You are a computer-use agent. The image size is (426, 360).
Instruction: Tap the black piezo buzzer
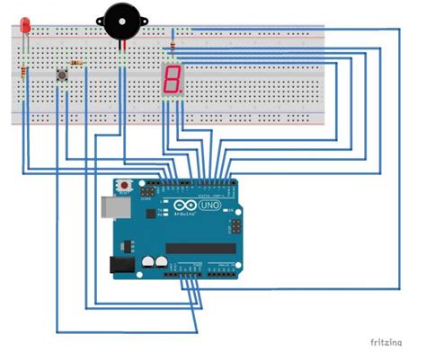point(119,20)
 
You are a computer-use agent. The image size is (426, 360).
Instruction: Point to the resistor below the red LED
point(22,72)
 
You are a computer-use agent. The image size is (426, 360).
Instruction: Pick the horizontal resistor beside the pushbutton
point(78,63)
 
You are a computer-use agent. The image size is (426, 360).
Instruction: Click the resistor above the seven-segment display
point(172,42)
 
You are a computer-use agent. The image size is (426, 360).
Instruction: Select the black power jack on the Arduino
point(117,265)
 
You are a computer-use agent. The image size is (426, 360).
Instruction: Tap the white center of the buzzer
point(119,18)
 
